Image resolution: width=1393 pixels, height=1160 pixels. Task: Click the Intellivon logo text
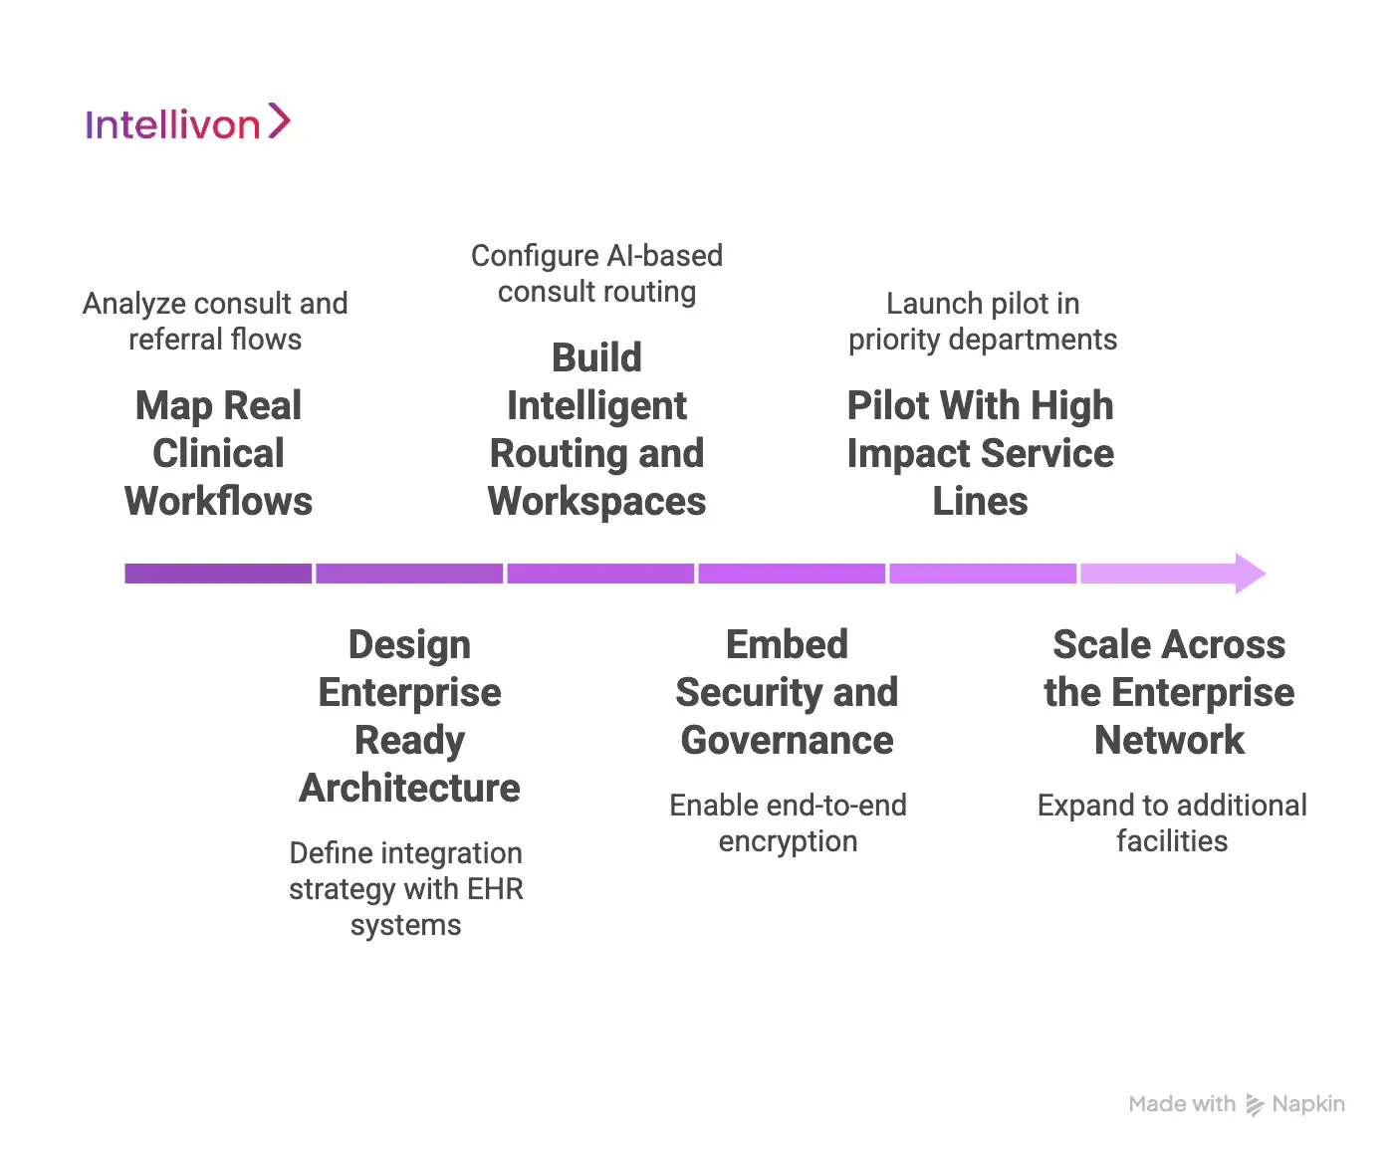click(x=172, y=125)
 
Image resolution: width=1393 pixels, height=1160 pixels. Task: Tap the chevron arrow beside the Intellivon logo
click(x=279, y=121)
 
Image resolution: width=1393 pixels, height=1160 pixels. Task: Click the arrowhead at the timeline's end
click(x=1249, y=574)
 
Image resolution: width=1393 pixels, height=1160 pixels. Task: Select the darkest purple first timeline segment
click(x=217, y=574)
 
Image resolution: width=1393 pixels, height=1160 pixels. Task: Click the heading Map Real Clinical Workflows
click(x=218, y=453)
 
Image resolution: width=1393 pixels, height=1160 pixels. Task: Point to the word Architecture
click(x=409, y=788)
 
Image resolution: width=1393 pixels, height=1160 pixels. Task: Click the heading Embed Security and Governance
click(x=787, y=692)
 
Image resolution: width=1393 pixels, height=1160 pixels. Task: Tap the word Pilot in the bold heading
click(x=887, y=406)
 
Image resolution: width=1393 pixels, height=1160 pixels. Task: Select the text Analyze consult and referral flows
click(x=215, y=321)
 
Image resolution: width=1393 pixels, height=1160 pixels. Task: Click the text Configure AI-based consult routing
click(x=596, y=273)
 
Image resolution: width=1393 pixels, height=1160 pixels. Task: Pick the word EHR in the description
click(x=495, y=888)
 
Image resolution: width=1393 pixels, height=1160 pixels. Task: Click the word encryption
click(x=788, y=841)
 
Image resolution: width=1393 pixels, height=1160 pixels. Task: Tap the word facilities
click(x=1172, y=841)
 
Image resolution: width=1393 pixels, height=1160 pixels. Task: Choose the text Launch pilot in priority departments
click(x=982, y=321)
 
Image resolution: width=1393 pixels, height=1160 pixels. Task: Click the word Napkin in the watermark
click(x=1307, y=1104)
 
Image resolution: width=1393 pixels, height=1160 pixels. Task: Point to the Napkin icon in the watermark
click(x=1255, y=1105)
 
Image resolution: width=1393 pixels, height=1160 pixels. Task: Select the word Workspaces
click(x=596, y=502)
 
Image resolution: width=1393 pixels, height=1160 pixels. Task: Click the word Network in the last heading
click(x=1169, y=740)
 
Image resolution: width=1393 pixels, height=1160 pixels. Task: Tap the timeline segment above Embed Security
click(x=791, y=574)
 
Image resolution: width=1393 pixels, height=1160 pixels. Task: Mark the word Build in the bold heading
click(x=596, y=358)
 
